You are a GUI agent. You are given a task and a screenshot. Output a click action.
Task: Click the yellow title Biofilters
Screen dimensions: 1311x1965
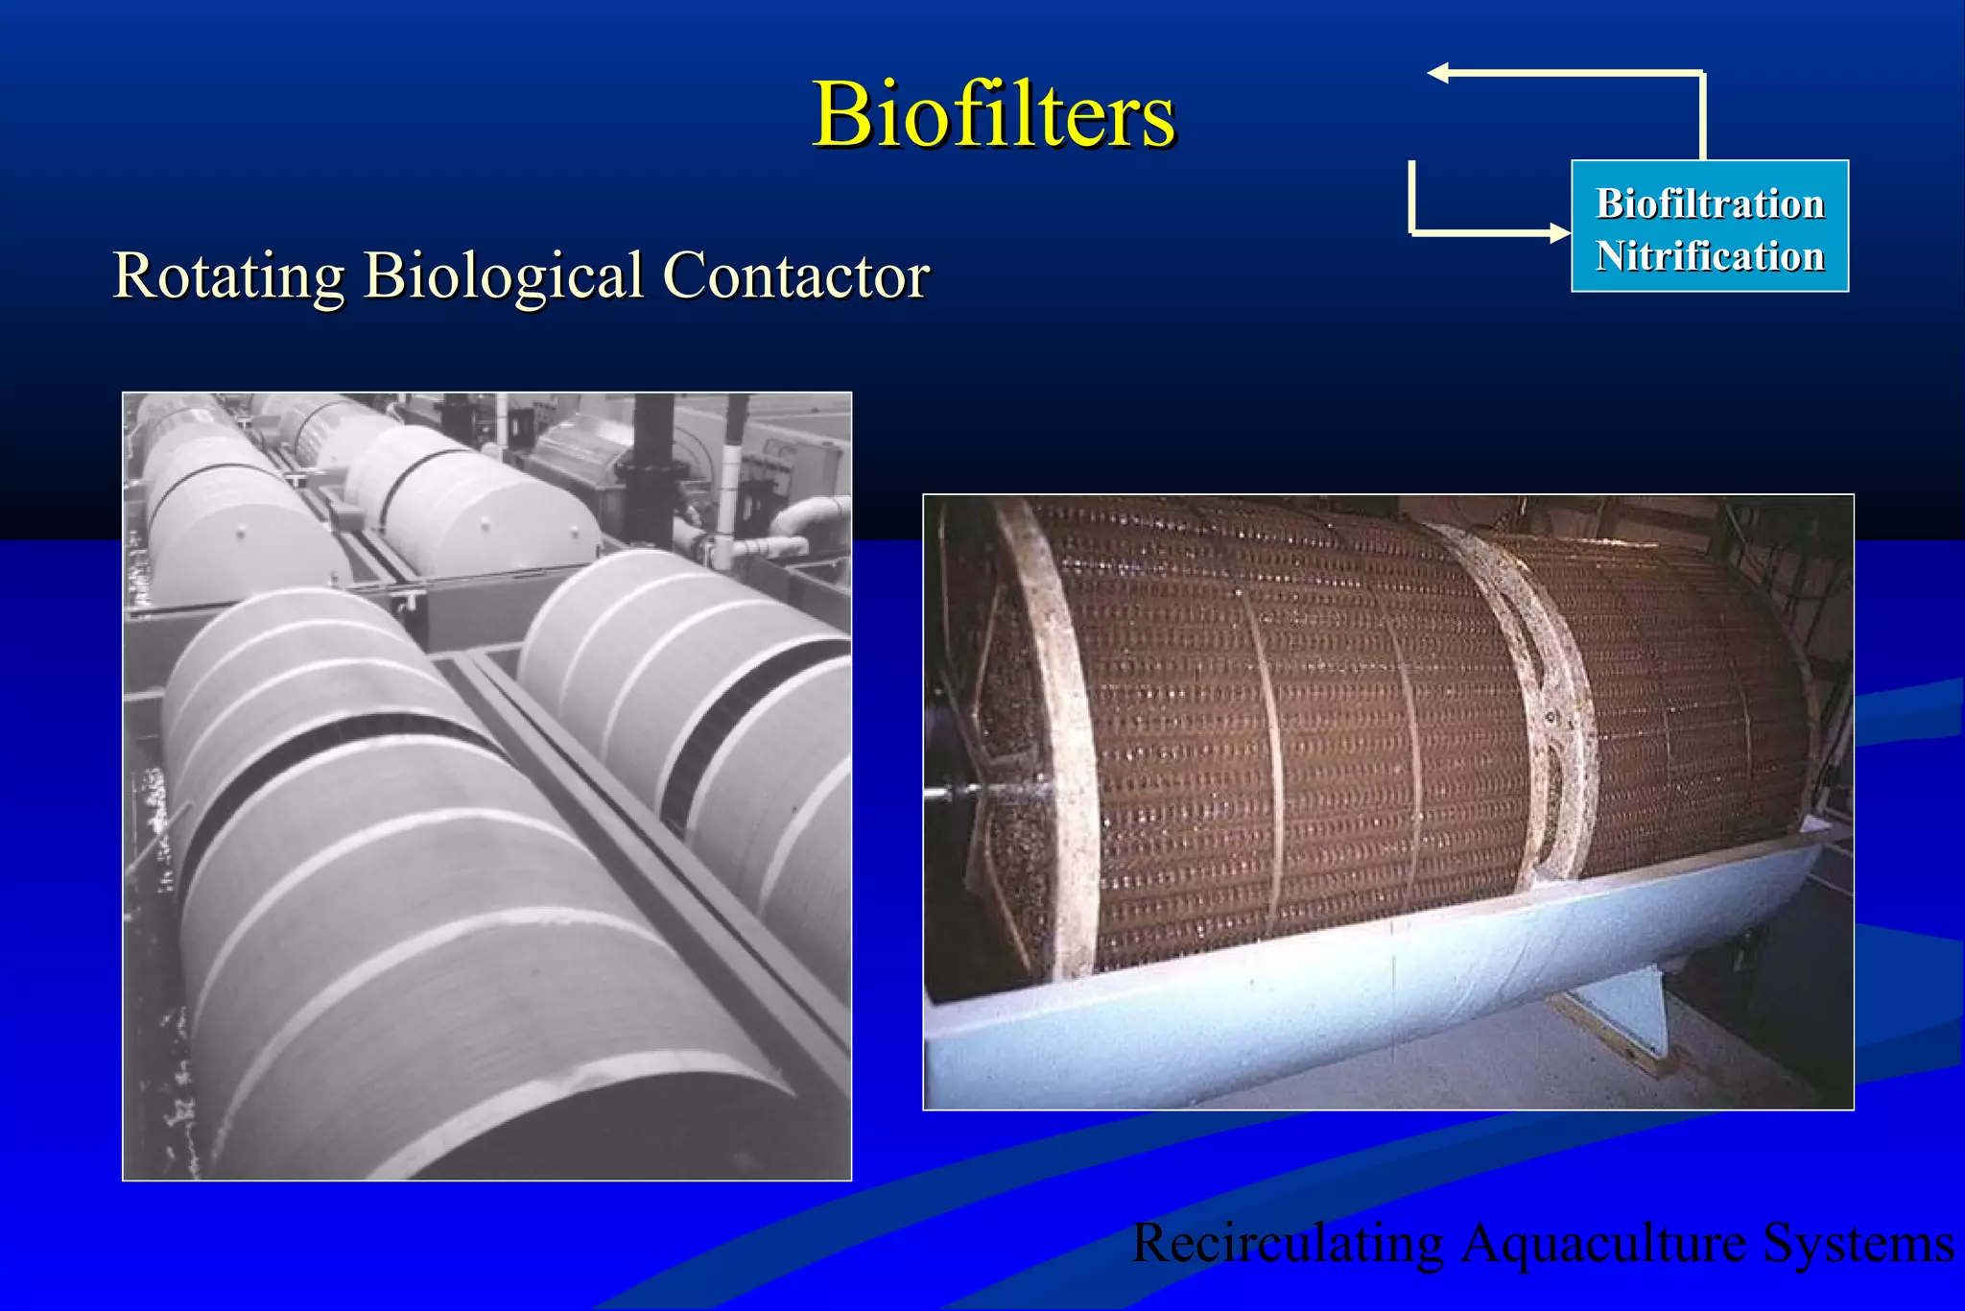(993, 114)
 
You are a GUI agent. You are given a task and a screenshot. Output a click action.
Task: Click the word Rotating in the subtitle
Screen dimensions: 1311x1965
(228, 275)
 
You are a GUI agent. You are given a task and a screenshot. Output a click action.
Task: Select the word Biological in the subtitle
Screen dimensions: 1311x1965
(503, 275)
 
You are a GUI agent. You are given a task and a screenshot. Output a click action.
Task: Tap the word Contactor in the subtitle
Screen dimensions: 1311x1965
(795, 275)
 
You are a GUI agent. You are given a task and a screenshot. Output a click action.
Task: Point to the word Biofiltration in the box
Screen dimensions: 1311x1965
(1709, 203)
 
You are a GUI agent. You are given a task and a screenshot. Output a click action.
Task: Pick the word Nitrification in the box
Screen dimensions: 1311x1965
(1709, 256)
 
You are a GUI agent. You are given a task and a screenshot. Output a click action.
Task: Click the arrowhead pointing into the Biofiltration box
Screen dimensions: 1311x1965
(1559, 232)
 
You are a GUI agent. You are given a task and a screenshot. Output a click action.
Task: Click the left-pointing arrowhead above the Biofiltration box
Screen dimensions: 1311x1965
(1438, 73)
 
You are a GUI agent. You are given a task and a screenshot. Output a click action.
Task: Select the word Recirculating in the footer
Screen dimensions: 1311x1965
(1287, 1243)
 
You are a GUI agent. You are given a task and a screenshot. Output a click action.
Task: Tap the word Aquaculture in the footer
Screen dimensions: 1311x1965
(1602, 1243)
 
